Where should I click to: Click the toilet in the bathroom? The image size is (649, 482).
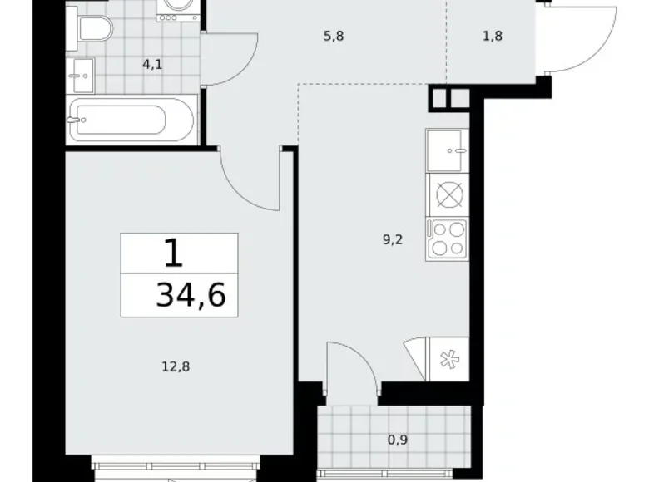pyautogui.click(x=92, y=30)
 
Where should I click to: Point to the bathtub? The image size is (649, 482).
pyautogui.click(x=132, y=120)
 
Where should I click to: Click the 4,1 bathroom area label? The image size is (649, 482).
pyautogui.click(x=151, y=62)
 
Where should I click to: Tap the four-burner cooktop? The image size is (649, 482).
pyautogui.click(x=448, y=239)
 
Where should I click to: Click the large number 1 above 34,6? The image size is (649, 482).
pyautogui.click(x=174, y=253)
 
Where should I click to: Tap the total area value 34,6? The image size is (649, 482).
pyautogui.click(x=191, y=295)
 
